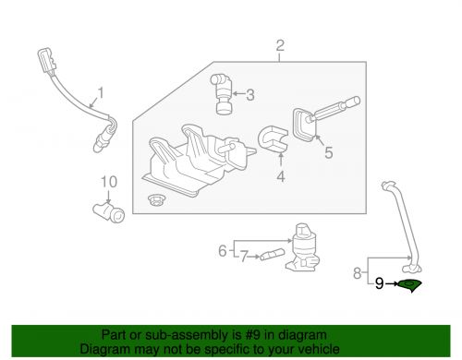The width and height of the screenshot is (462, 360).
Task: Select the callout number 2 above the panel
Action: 280,46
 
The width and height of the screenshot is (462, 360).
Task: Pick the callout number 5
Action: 328,153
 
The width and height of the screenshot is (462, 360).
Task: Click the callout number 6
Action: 223,249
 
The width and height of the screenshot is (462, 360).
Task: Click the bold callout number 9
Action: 379,286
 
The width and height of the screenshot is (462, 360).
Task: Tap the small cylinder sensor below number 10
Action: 111,211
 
